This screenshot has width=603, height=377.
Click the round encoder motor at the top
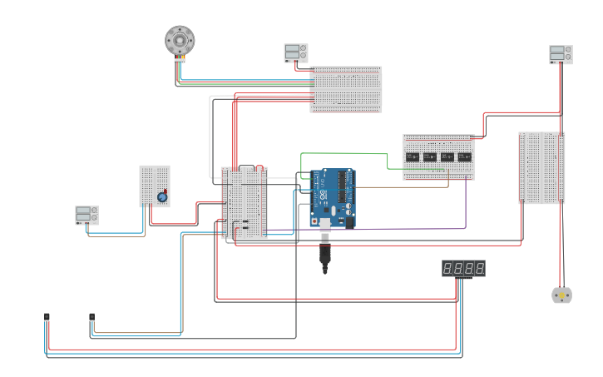click(180, 39)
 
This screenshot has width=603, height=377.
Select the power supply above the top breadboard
click(295, 52)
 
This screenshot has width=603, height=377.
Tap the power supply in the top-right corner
click(561, 54)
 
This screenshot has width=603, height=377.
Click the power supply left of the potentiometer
click(86, 215)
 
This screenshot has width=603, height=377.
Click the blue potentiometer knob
click(162, 197)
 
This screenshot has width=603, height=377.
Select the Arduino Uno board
click(333, 198)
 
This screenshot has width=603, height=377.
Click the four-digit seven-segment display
click(463, 268)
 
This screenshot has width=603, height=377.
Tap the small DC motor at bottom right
click(561, 295)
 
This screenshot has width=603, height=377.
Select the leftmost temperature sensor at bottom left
click(47, 317)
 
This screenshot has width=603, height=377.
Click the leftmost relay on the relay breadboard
click(413, 156)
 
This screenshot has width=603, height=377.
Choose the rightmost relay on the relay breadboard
click(465, 156)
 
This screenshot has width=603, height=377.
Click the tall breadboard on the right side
click(541, 167)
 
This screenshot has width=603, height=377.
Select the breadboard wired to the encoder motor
click(346, 89)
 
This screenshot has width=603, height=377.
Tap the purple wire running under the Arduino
click(416, 228)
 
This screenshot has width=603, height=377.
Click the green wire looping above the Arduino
click(341, 153)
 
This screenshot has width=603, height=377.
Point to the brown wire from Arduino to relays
click(408, 187)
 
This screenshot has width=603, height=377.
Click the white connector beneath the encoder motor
click(180, 60)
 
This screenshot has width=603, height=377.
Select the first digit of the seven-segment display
click(447, 268)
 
